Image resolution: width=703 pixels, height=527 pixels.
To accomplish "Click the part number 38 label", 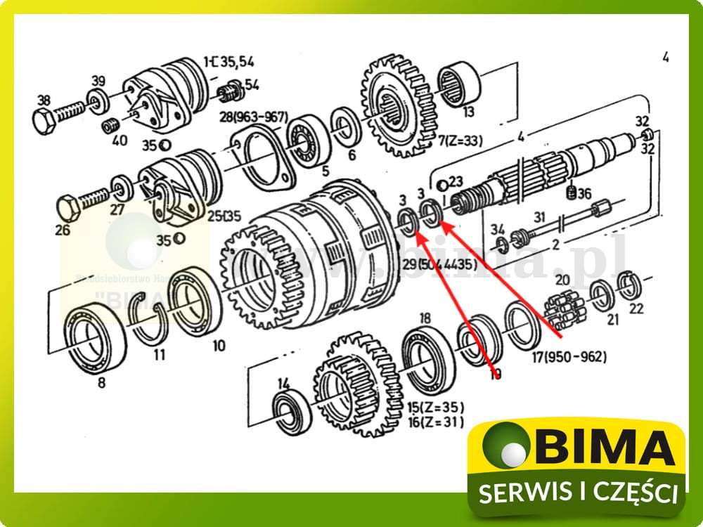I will pyautogui.click(x=44, y=99).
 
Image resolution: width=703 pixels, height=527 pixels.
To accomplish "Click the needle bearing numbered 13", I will pyautogui.click(x=458, y=86).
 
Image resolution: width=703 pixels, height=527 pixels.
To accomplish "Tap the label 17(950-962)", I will pyautogui.click(x=569, y=356).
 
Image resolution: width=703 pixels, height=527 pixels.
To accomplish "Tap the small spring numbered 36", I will pyautogui.click(x=572, y=192).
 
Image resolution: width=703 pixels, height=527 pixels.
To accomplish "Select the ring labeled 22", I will pyautogui.click(x=628, y=286).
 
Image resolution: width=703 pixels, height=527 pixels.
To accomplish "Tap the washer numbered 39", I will pyautogui.click(x=96, y=96).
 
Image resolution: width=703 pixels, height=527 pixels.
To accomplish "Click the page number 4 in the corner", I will pyautogui.click(x=666, y=57).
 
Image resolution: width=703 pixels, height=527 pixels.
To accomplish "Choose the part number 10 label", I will pyautogui.click(x=219, y=345).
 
